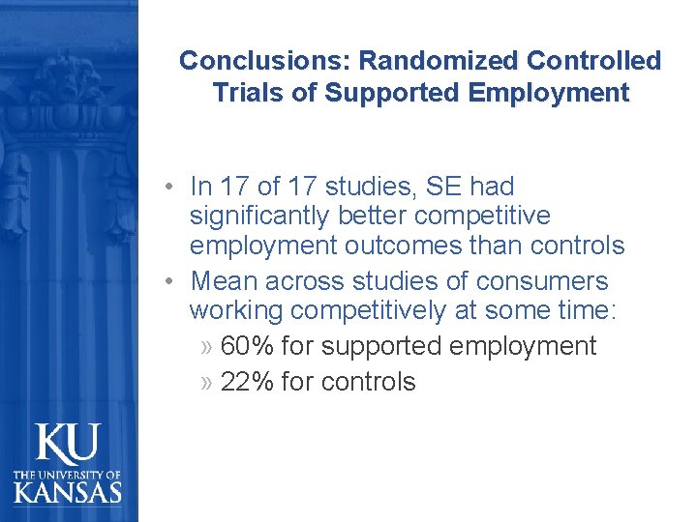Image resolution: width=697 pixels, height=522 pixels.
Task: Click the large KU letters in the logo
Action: pyautogui.click(x=67, y=445)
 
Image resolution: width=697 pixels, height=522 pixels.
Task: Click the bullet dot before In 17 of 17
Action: pyautogui.click(x=169, y=186)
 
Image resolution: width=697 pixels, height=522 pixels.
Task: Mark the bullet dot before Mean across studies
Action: pyautogui.click(x=169, y=281)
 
